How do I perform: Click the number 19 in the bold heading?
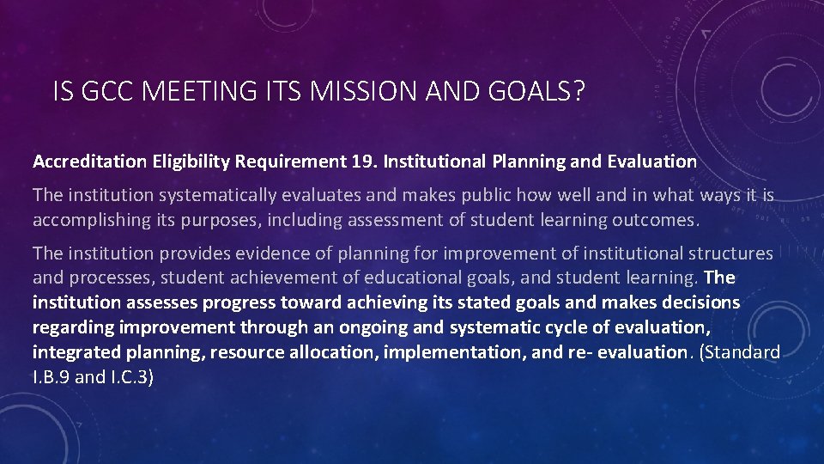tap(362, 161)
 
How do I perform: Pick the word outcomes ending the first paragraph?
tap(656, 220)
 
